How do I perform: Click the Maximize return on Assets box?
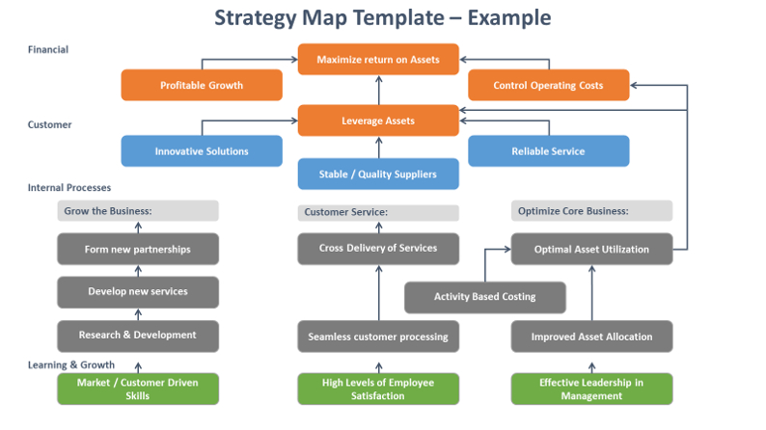coord(378,59)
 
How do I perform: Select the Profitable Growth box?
coord(202,85)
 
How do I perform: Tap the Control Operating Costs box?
coord(549,85)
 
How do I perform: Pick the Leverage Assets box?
coord(378,121)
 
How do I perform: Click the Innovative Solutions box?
coord(202,150)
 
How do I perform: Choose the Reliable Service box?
coord(549,150)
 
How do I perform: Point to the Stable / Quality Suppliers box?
coord(378,174)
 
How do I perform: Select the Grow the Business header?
coord(138,211)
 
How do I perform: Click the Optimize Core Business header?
coord(591,211)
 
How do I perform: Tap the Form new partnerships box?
coord(138,249)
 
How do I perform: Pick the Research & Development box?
coord(138,336)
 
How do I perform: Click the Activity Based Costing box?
coord(485,297)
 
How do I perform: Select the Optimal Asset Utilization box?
coord(591,249)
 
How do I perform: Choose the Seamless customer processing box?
coord(378,336)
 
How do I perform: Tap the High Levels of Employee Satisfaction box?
coord(378,389)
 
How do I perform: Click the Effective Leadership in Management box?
coord(591,389)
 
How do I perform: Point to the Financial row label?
coord(48,49)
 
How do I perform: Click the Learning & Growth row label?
coord(70,364)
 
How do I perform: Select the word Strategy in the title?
coord(256,18)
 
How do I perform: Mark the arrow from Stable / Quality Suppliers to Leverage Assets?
coord(378,148)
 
